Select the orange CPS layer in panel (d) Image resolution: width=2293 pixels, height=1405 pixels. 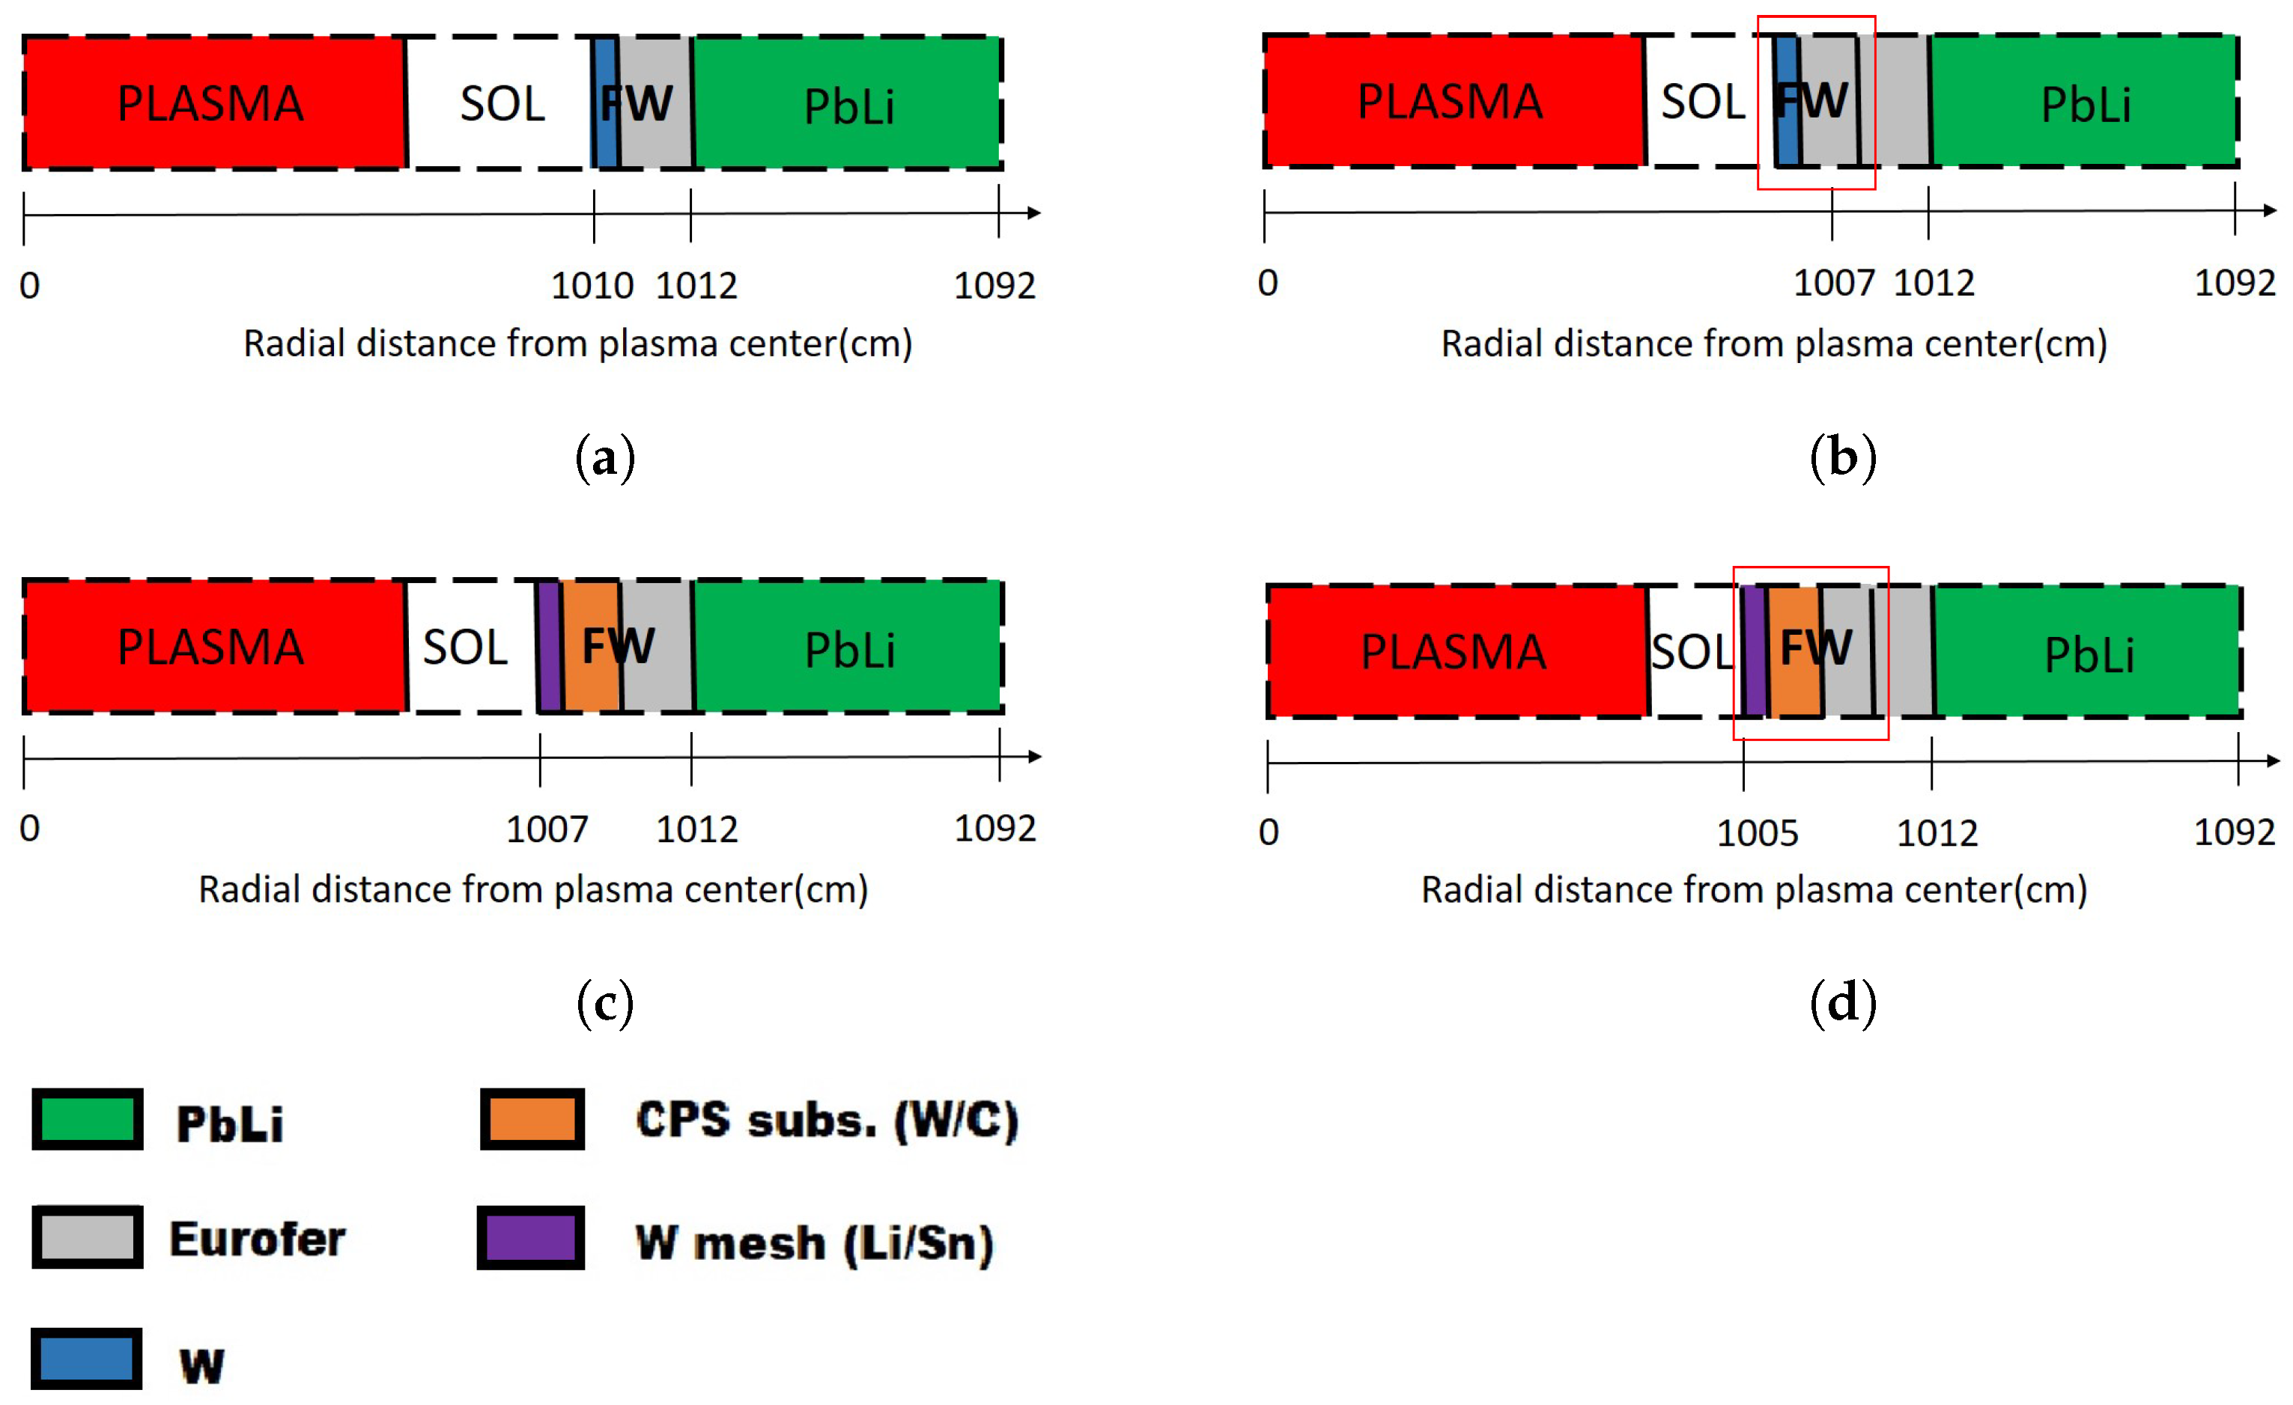click(1794, 684)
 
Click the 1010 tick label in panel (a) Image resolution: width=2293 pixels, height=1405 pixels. click(592, 286)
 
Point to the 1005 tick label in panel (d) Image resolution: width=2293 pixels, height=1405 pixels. click(1757, 833)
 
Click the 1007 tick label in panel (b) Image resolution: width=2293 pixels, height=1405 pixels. click(1833, 283)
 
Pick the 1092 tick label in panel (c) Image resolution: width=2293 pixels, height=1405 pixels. click(994, 828)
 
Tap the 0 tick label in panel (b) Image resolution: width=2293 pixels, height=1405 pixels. click(1268, 283)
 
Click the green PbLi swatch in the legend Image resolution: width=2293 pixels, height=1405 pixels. click(88, 1119)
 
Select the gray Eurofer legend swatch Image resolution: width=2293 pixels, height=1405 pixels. click(88, 1237)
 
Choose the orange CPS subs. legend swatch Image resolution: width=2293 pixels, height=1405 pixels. click(532, 1119)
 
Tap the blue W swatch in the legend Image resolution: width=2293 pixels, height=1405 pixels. click(87, 1359)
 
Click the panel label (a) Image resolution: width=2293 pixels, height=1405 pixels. click(605, 458)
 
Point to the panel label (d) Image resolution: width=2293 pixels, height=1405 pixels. click(1843, 1003)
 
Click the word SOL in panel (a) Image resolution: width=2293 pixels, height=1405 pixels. click(502, 103)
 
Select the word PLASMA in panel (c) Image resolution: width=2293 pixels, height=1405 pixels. click(210, 647)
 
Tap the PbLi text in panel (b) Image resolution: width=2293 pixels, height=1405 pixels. click(2086, 104)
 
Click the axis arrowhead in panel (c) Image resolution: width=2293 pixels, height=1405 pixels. click(1034, 757)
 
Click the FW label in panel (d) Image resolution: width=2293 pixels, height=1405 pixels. click(1815, 647)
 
